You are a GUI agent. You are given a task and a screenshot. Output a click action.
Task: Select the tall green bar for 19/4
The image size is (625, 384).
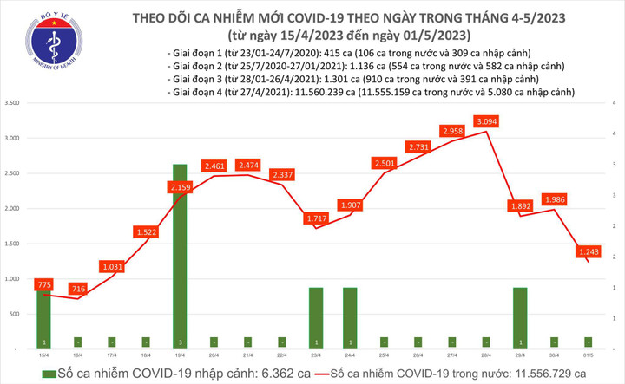(x=178, y=256)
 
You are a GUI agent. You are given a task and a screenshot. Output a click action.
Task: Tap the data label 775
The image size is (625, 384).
(x=44, y=283)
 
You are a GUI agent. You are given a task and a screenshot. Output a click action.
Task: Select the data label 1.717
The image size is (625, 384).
(x=313, y=218)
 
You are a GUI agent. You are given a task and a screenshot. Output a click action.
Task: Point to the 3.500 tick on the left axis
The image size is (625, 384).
(x=15, y=103)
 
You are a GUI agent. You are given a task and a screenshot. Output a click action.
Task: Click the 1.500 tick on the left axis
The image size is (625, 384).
(x=15, y=244)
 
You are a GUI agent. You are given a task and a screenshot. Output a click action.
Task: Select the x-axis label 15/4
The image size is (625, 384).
(x=43, y=355)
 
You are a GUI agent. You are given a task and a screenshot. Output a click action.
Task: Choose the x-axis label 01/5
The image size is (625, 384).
(x=588, y=355)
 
